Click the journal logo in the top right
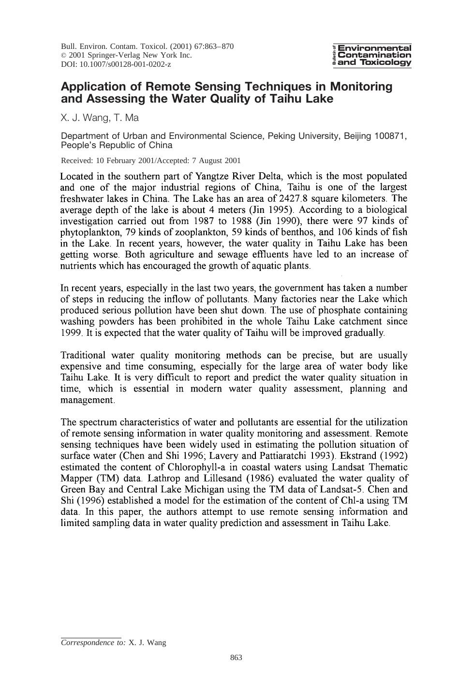[x=372, y=55]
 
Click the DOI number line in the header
[x=116, y=64]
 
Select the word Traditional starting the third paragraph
[x=83, y=355]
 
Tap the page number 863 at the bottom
[x=236, y=657]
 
